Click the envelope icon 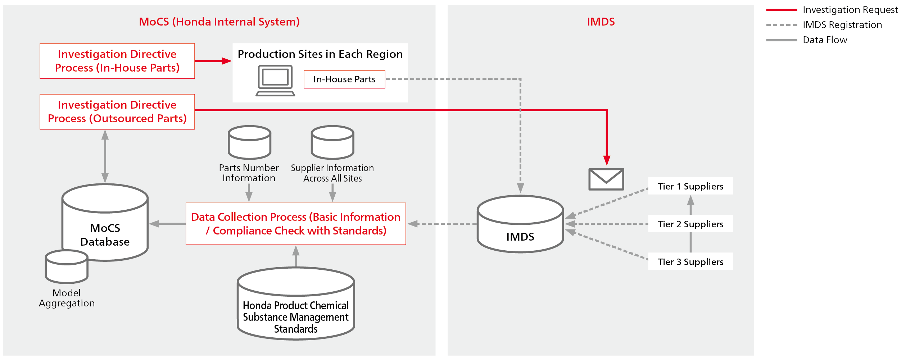[606, 179]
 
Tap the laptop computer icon [275, 81]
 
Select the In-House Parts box [344, 79]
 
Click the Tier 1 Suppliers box [690, 186]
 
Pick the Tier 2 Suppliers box [690, 224]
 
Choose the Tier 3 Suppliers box [690, 261]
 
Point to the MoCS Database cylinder [105, 223]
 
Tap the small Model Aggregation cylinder [67, 267]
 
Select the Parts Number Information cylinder [249, 142]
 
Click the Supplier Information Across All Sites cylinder [332, 142]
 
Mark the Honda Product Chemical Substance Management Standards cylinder [296, 304]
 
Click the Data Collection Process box [296, 224]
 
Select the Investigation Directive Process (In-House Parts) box [117, 61]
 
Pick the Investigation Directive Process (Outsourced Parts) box [117, 111]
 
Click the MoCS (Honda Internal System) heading [219, 22]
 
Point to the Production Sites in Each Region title [320, 54]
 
